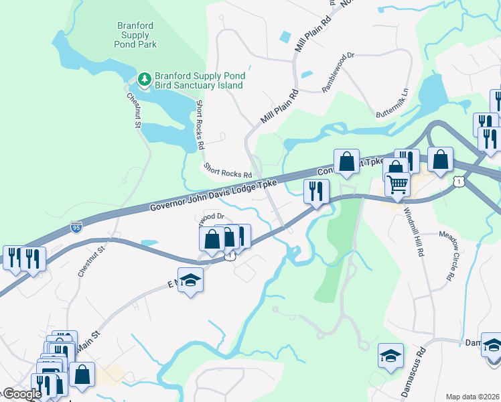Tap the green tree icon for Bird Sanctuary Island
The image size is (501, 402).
(x=144, y=80)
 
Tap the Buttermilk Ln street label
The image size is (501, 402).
(x=392, y=102)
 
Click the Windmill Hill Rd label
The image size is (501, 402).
(x=415, y=232)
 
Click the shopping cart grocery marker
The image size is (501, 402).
(x=398, y=184)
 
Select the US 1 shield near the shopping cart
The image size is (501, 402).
(x=457, y=181)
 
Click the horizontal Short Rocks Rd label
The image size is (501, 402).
(x=228, y=171)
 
